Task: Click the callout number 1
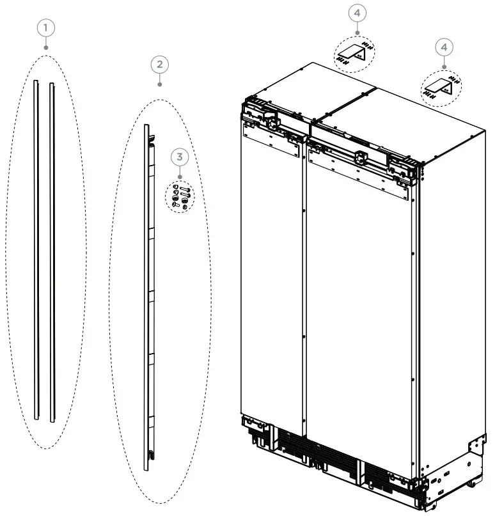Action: (x=46, y=27)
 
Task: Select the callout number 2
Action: (x=159, y=64)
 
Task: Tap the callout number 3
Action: (x=180, y=157)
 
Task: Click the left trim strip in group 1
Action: (x=37, y=249)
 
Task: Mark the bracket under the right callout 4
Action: (x=442, y=86)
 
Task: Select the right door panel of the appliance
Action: (x=361, y=294)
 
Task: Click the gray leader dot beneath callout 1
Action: (x=46, y=46)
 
